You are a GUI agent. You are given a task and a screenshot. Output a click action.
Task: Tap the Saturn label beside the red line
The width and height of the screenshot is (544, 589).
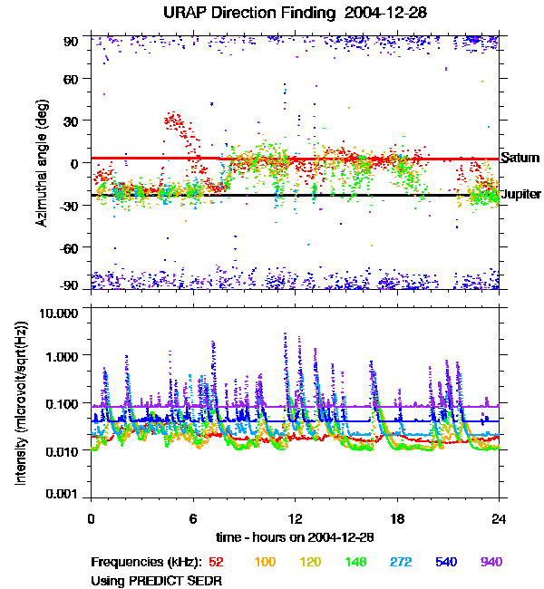[x=520, y=158]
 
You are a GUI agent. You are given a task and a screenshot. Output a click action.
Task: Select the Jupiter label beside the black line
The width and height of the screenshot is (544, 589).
[x=521, y=195]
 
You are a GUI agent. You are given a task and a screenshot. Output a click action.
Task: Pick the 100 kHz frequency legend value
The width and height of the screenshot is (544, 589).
[x=265, y=562]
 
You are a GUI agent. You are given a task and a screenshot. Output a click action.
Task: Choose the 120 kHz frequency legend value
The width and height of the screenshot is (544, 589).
[x=312, y=562]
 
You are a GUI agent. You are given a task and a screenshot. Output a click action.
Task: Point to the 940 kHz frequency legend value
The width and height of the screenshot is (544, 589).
[x=491, y=562]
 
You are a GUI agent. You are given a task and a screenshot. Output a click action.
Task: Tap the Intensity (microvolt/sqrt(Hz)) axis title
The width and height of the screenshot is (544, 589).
[x=22, y=404]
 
